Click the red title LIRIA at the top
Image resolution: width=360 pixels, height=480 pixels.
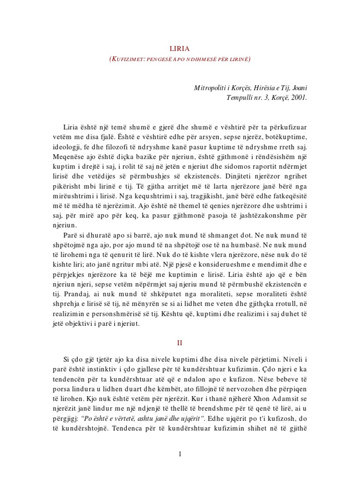180,48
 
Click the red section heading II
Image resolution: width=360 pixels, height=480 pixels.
180,343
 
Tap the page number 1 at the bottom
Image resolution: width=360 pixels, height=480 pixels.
180,454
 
